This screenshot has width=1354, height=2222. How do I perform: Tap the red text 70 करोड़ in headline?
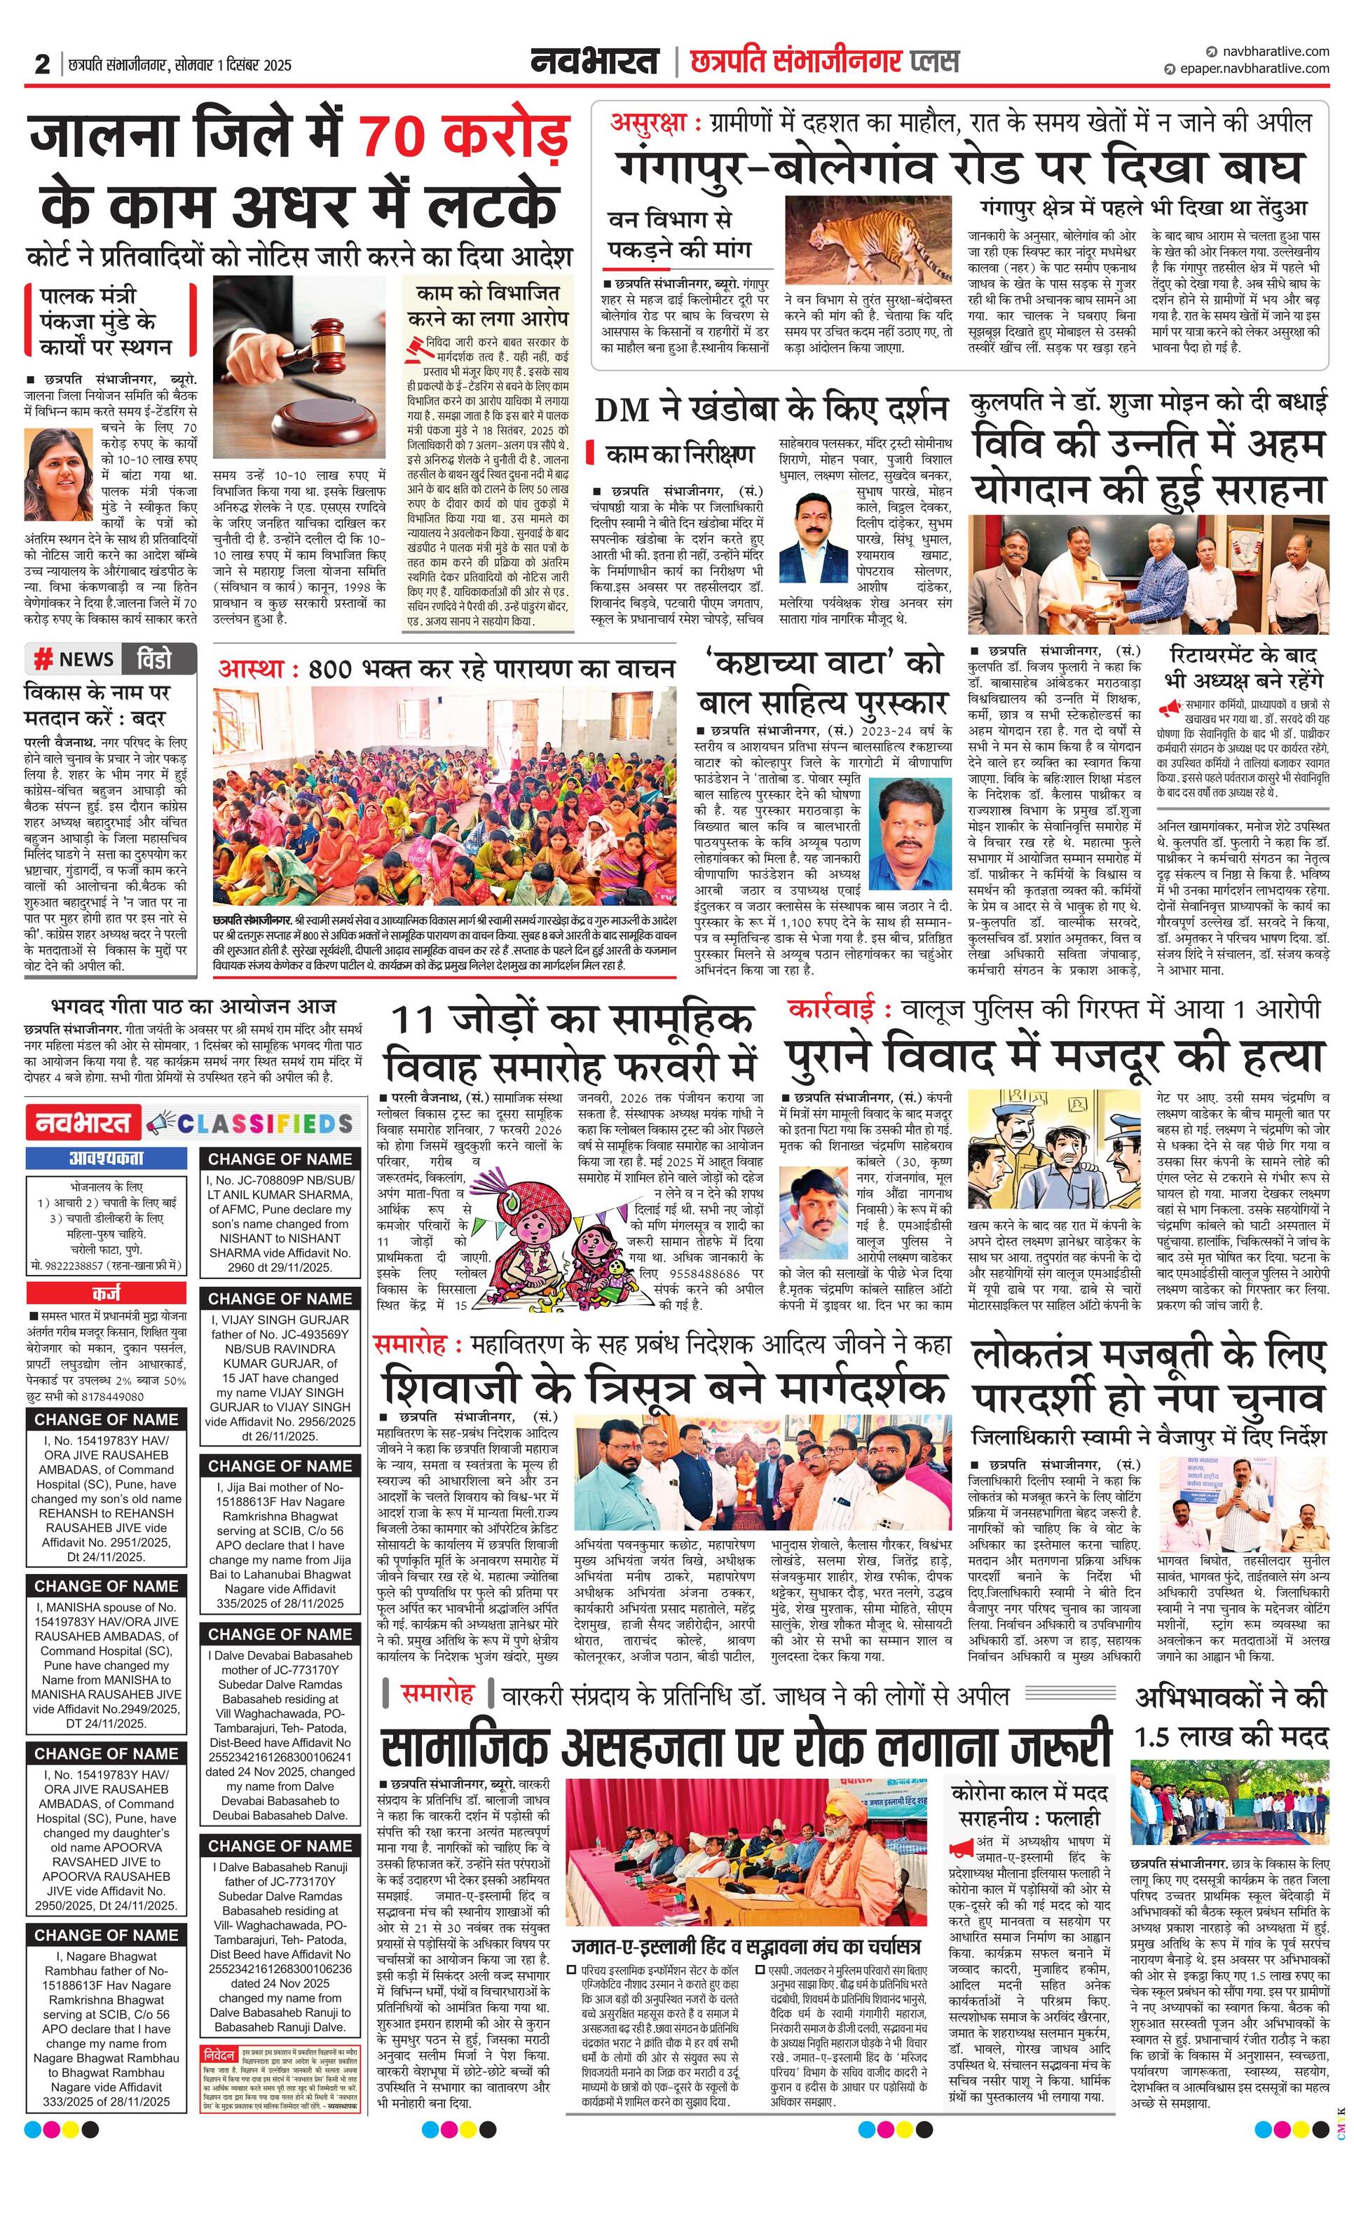[463, 137]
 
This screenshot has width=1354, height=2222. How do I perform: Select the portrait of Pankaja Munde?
[51, 465]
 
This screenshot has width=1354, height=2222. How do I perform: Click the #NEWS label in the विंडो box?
[74, 659]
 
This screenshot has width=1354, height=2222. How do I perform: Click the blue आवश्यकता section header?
[106, 1158]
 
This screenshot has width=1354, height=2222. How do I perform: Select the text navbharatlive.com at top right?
[1272, 51]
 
